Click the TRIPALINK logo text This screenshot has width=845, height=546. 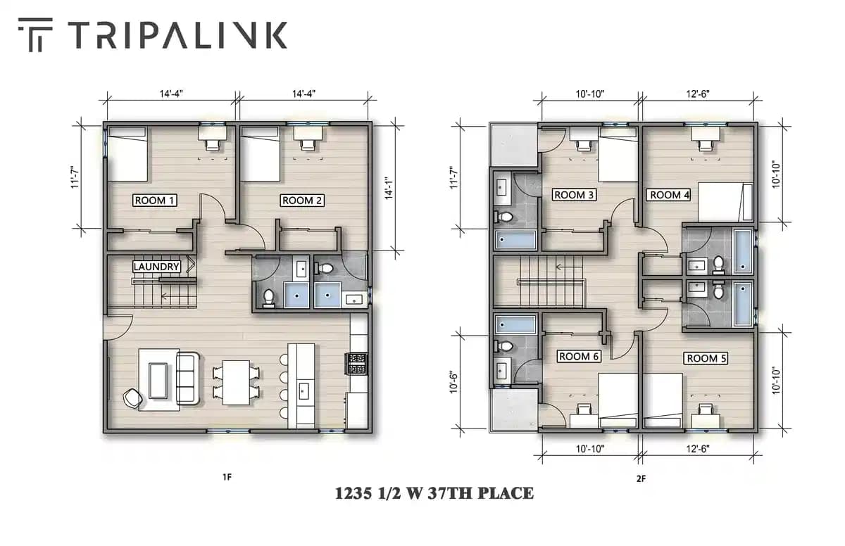tap(177, 35)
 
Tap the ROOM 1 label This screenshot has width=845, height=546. tap(154, 201)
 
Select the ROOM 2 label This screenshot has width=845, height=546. tap(302, 201)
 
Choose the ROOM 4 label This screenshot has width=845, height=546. tap(669, 195)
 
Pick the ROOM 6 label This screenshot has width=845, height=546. tap(579, 357)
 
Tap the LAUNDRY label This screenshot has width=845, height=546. tap(156, 267)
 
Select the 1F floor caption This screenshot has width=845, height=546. tap(227, 477)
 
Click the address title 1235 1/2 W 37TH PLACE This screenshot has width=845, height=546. tap(434, 493)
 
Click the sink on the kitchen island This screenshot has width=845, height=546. tap(304, 390)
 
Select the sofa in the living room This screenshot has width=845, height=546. tap(188, 379)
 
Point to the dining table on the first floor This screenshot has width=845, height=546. tap(236, 382)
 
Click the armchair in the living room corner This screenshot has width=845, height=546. tap(132, 399)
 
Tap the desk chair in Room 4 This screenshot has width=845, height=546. tap(704, 144)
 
